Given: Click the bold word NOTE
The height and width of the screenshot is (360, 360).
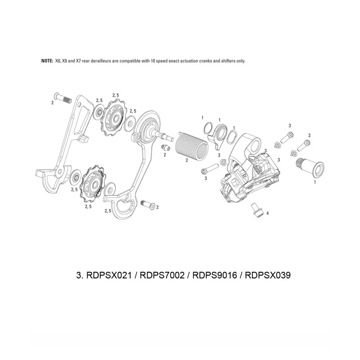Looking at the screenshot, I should tap(46, 61).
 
